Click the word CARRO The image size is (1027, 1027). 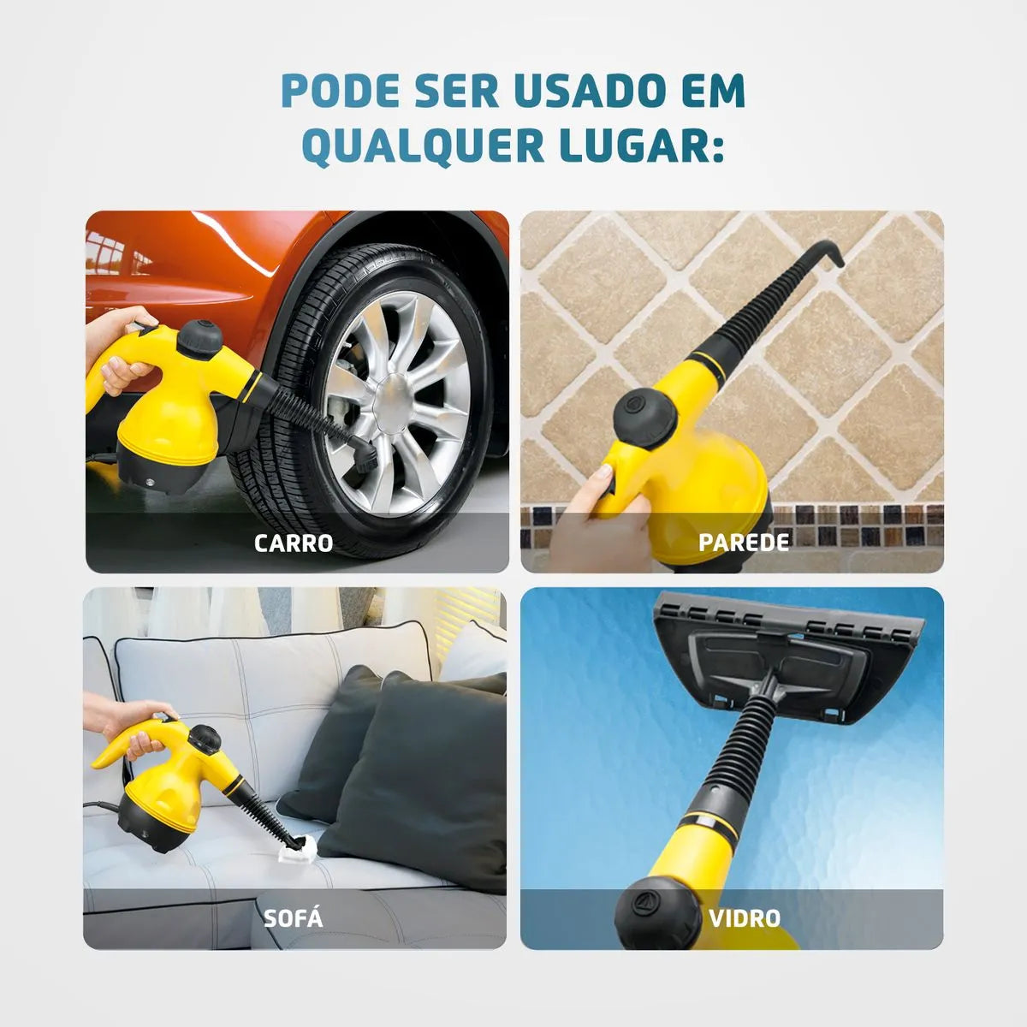coord(294,543)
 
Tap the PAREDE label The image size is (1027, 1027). coord(743,542)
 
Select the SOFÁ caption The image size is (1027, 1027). coord(294,919)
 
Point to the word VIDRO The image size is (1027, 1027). coord(745,918)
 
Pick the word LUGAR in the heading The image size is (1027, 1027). coord(635,145)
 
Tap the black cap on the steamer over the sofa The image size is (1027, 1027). coord(205,738)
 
